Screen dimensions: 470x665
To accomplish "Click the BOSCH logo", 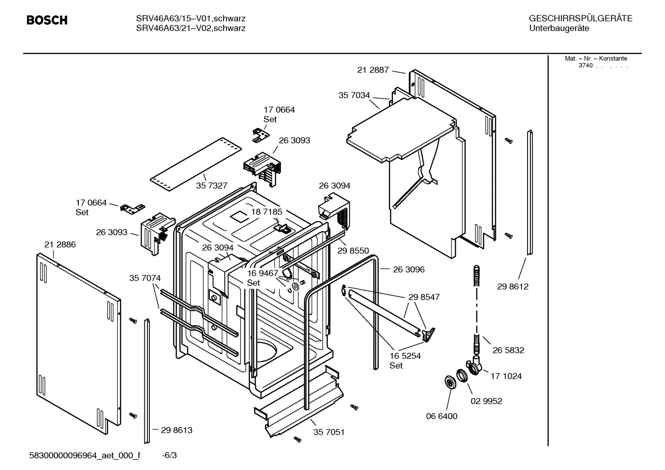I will point(47,20).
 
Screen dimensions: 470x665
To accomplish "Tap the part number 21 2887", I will point(373,70).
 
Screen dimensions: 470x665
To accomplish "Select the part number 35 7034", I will point(354,95).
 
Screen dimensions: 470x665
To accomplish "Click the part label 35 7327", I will point(211,185).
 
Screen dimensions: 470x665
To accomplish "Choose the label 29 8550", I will point(353,251).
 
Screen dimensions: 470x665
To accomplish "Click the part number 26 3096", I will point(409,269).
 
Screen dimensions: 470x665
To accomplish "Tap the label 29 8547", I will point(424,297).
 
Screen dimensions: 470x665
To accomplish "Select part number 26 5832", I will point(508,350).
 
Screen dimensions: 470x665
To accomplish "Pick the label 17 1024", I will point(506,376).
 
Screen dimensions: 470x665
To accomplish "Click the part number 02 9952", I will point(486,401).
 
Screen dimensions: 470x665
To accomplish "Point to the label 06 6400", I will point(441,416).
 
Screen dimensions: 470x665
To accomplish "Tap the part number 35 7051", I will point(329,432).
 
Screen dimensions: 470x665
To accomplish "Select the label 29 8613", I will point(177,430).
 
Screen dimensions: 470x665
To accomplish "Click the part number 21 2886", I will point(60,244).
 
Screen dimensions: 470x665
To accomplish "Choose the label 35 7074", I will point(145,278).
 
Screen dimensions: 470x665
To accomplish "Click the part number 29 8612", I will point(512,286).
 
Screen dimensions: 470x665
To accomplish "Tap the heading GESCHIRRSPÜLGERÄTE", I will point(580,18).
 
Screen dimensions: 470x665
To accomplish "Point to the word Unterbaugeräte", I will point(559,29).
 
